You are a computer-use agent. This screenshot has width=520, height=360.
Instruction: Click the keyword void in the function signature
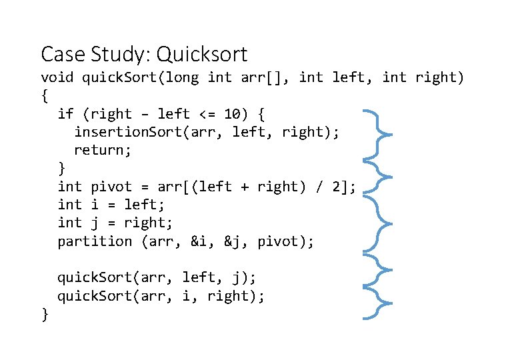click(57, 78)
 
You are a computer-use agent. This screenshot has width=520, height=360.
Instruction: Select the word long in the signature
click(182, 78)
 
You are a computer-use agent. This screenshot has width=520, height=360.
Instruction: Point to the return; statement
click(103, 151)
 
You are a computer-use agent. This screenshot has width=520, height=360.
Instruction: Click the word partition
click(95, 241)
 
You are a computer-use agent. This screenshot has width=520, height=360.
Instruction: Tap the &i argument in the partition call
click(199, 241)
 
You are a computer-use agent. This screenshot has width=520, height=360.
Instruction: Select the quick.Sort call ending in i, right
click(161, 296)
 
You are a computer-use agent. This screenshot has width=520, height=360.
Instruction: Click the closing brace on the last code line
click(45, 314)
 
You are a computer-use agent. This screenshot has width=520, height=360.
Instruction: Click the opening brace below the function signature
click(45, 96)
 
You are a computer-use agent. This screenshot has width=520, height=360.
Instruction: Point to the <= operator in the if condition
click(207, 114)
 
